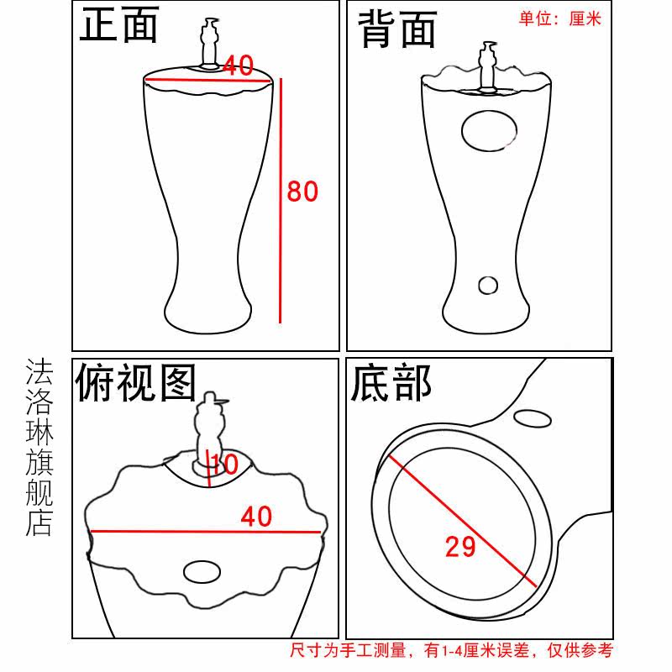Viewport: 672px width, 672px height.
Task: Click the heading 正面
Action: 119,25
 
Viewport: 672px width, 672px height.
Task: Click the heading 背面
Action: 397,29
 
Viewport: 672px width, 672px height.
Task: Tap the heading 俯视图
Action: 135,383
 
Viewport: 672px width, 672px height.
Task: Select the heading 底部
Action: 391,383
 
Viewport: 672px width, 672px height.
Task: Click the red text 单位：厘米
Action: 560,18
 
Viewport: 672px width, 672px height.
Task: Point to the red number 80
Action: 302,192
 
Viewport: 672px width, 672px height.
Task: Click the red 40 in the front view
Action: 239,66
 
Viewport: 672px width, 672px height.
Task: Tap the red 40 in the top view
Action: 256,517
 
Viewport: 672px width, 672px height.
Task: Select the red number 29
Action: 460,547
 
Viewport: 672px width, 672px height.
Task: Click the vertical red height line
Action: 281,201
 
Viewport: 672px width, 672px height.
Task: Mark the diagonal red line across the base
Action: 463,521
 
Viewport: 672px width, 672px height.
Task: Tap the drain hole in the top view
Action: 202,572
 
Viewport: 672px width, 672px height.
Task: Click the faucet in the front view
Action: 210,43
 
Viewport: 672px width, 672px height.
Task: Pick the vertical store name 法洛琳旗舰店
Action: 39,447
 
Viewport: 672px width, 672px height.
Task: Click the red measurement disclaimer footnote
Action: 452,650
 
